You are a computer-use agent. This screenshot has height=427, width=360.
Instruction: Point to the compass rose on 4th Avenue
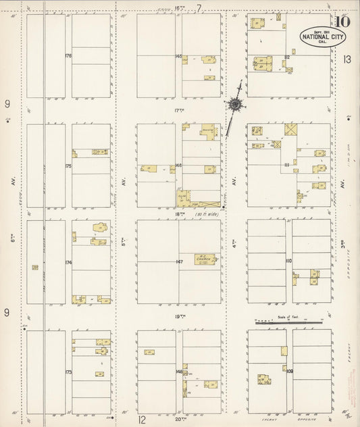point(235,105)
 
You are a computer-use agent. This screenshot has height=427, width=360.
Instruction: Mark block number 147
point(179,261)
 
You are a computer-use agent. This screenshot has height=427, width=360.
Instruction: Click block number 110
point(288,261)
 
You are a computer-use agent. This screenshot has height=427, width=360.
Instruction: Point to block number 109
point(289,372)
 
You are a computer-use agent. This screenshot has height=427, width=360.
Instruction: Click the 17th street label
point(179,110)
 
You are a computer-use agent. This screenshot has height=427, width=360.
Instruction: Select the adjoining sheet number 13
point(347,59)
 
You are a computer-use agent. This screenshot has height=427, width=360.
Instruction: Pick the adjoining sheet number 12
point(143,420)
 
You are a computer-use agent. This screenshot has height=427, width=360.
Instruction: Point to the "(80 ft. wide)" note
point(207,215)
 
